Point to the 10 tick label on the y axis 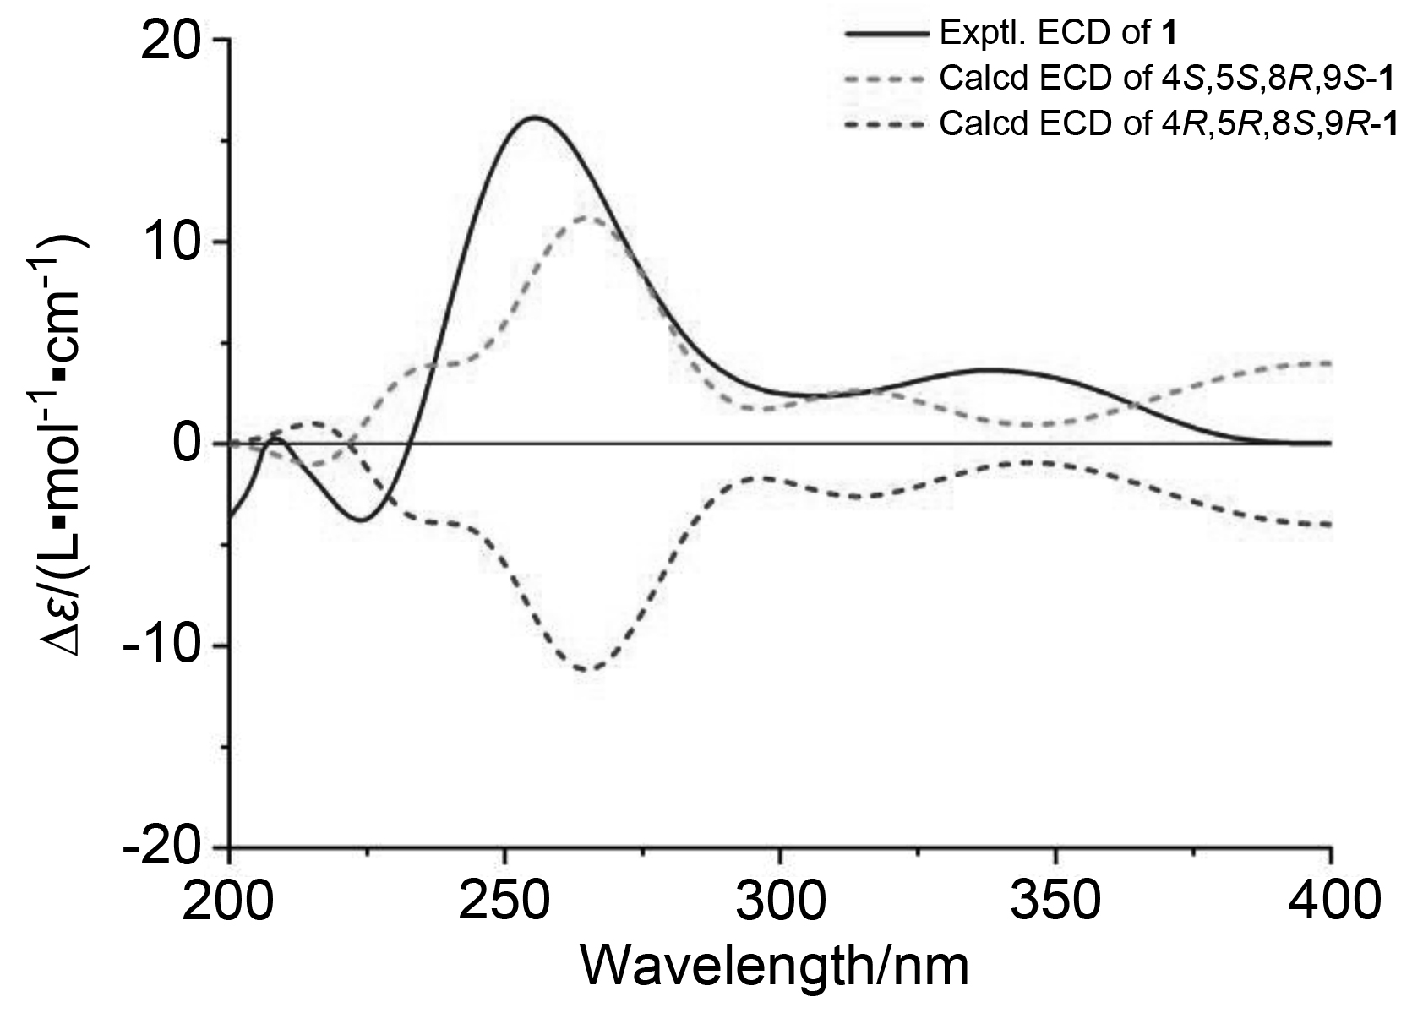pyautogui.click(x=169, y=242)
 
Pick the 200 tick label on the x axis pyautogui.click(x=230, y=903)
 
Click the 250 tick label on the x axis pyautogui.click(x=505, y=903)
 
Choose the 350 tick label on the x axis pyautogui.click(x=1055, y=903)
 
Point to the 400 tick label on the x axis pyautogui.click(x=1330, y=903)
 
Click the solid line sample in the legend pyautogui.click(x=885, y=35)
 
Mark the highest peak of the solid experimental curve pyautogui.click(x=535, y=117)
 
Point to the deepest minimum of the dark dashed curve pyautogui.click(x=587, y=670)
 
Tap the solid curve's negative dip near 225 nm pyautogui.click(x=361, y=520)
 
